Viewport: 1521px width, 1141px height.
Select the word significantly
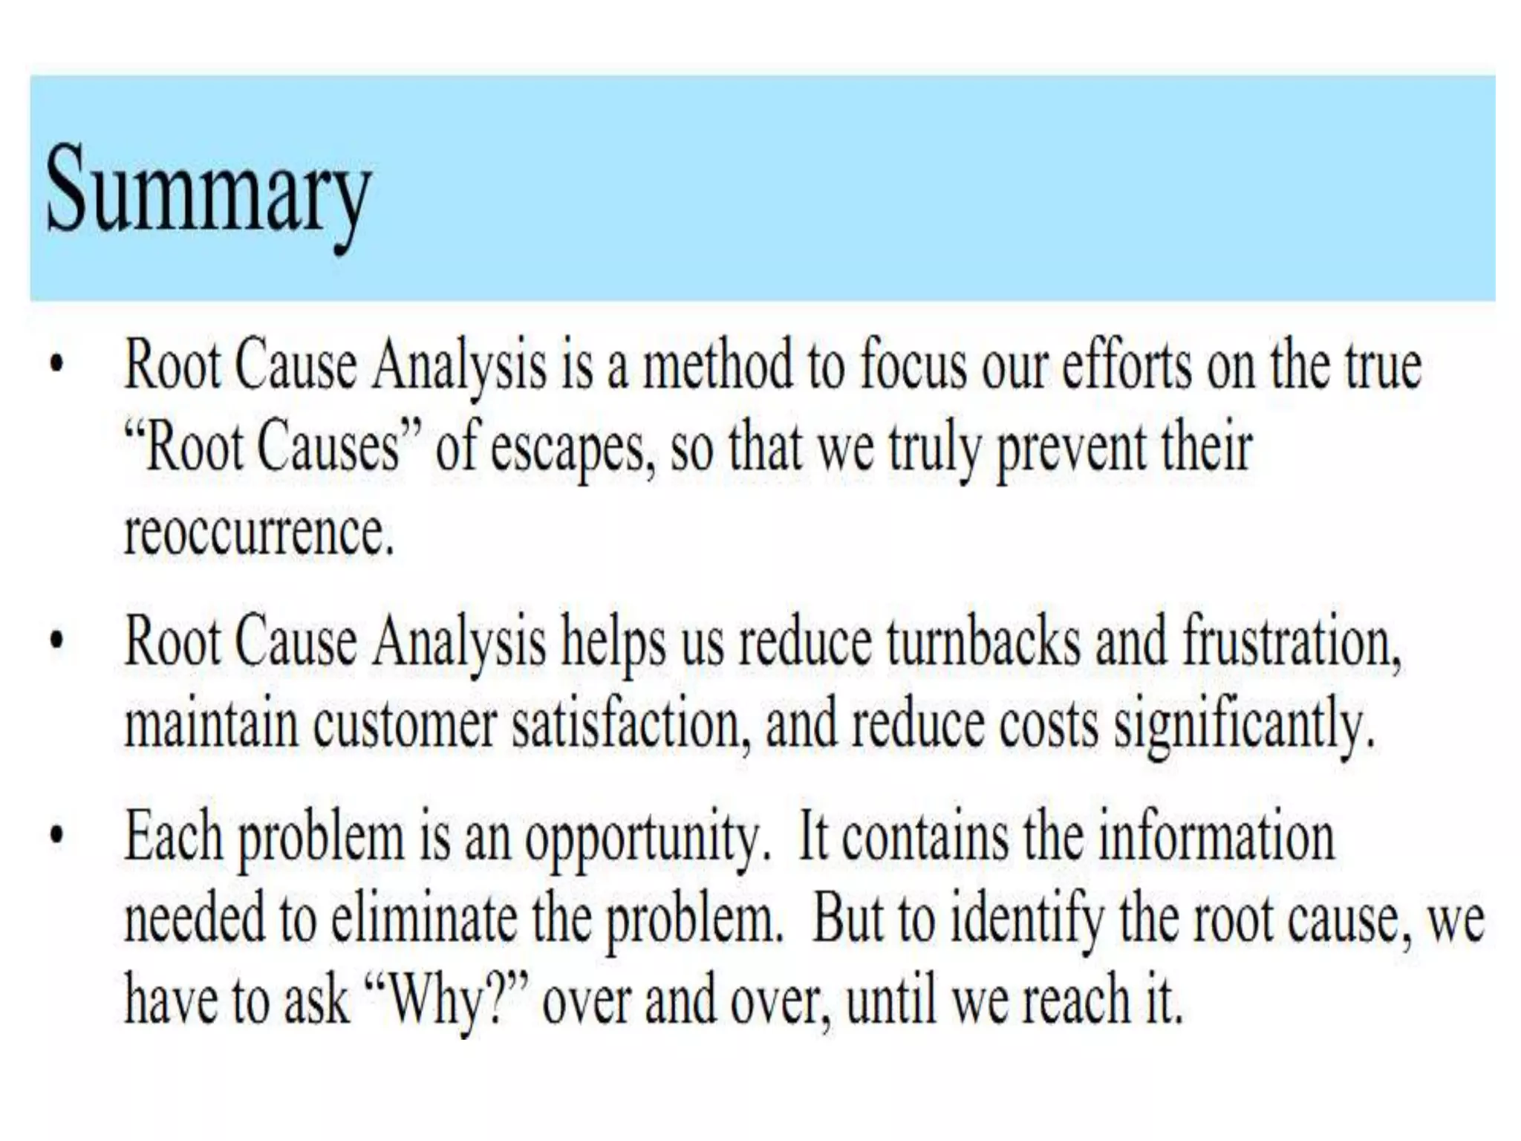point(1244,726)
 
